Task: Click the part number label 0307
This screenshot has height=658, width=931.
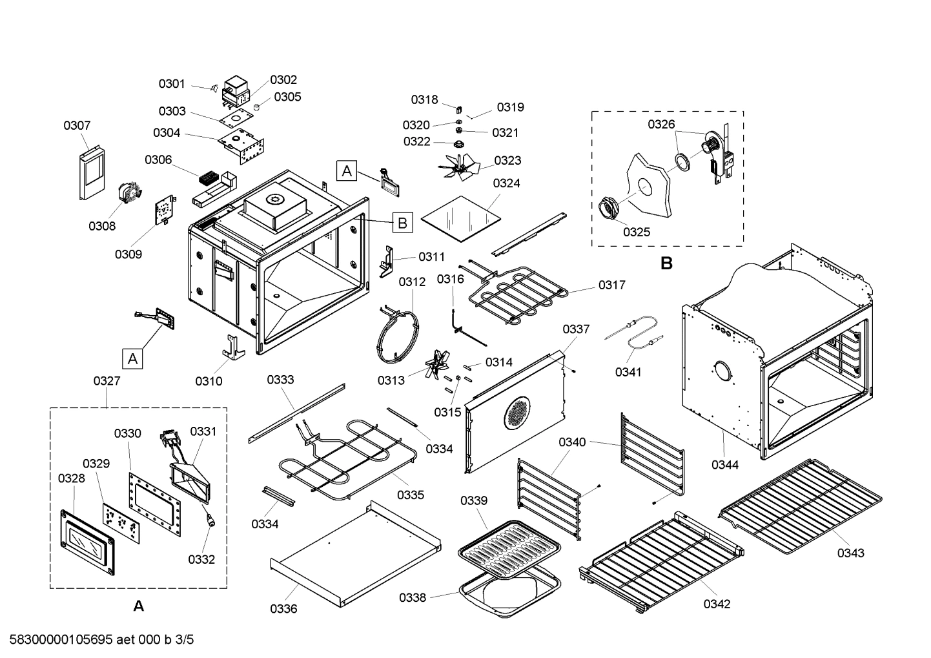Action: click(x=77, y=125)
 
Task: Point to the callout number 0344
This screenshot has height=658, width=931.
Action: click(x=725, y=464)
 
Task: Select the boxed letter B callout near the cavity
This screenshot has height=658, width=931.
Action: click(x=402, y=223)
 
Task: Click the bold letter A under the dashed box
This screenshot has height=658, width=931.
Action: click(x=138, y=606)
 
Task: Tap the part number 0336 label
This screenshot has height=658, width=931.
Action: click(x=283, y=608)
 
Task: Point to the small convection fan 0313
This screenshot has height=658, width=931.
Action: click(x=439, y=366)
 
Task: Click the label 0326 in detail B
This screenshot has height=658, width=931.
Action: click(x=661, y=125)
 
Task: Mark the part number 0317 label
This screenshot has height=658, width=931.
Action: click(x=611, y=285)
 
